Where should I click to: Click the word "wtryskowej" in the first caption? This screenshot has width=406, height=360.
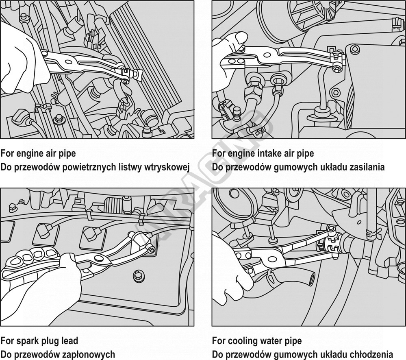tap(167, 167)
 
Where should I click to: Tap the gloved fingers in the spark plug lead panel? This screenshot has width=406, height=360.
tap(30, 257)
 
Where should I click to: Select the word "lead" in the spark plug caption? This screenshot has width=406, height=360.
tap(69, 340)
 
